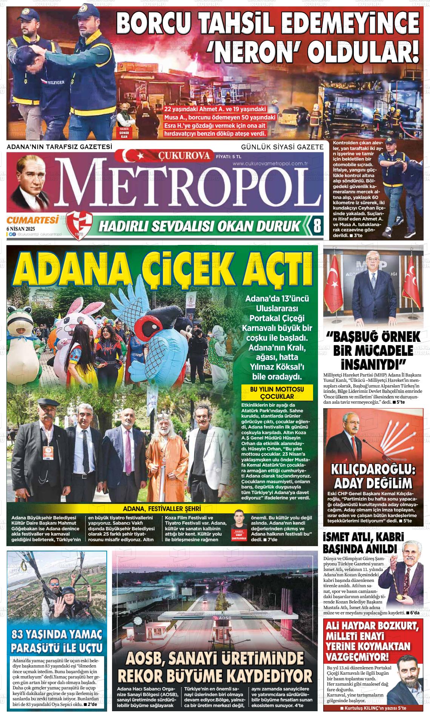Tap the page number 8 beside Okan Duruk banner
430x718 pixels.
317,226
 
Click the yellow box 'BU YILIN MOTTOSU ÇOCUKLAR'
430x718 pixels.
277,392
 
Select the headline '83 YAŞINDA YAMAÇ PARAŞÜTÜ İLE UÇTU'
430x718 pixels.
57,641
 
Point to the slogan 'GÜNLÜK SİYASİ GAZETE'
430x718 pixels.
282,147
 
